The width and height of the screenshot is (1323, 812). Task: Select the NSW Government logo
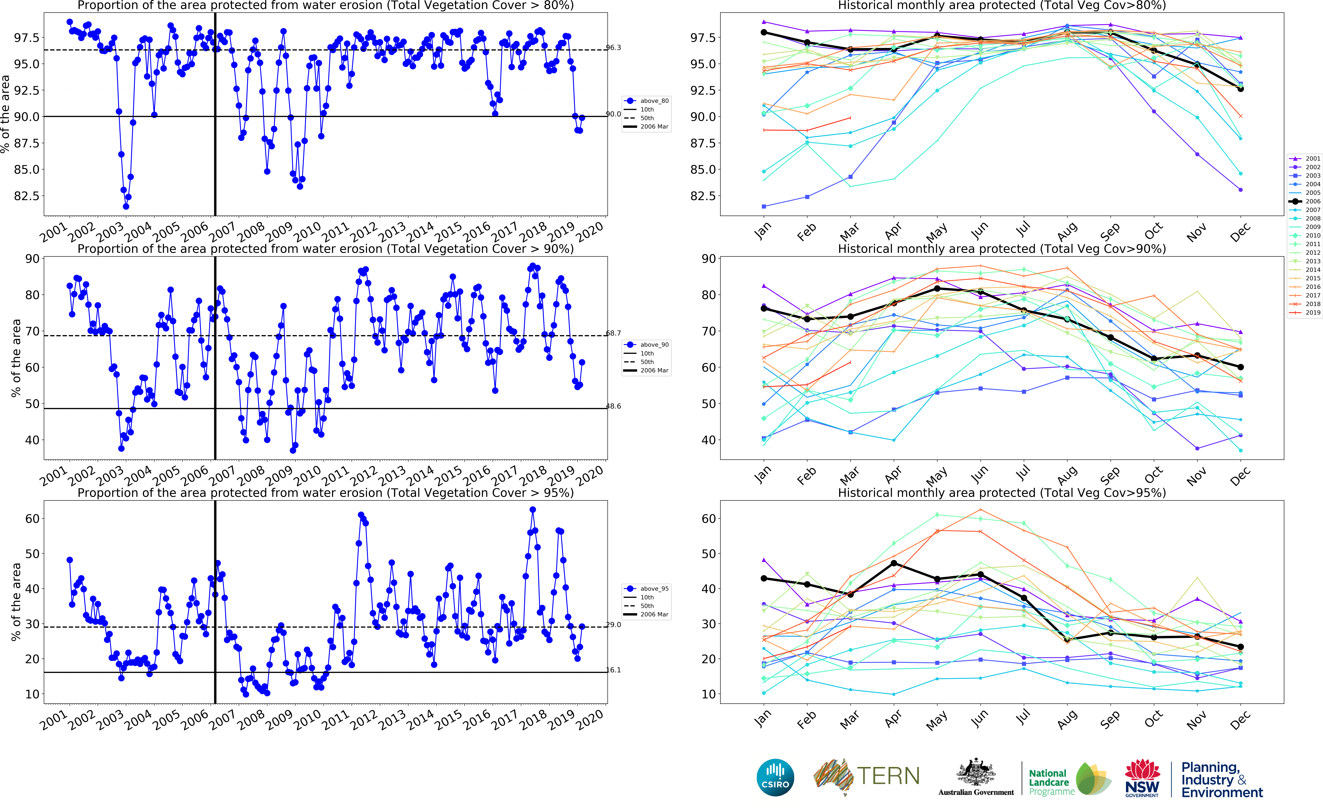(1142, 778)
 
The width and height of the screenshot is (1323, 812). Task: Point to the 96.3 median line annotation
(614, 48)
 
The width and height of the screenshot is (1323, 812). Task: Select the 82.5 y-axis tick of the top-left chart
(27, 196)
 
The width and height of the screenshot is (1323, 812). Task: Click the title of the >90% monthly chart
(1002, 249)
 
